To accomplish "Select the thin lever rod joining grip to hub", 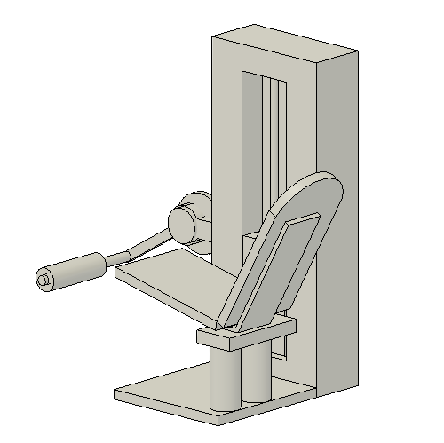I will tap(133, 249).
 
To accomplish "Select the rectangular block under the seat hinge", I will tap(244, 336).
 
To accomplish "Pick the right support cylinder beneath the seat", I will tap(258, 373).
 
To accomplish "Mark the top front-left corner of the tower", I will tap(213, 36).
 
